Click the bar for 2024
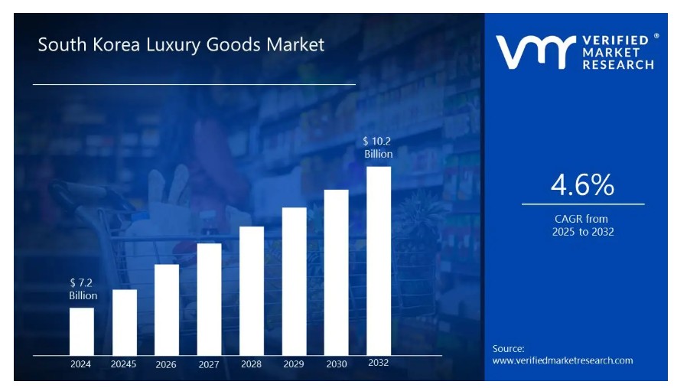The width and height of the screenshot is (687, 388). tap(82, 331)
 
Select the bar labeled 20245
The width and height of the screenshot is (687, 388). tap(125, 322)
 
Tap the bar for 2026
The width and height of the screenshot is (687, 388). tap(167, 310)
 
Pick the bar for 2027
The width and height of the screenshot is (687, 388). tap(209, 299)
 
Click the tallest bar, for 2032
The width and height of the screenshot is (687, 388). tap(379, 261)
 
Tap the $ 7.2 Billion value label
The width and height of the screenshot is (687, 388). tap(83, 289)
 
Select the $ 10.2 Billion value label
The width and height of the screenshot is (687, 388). tap(378, 147)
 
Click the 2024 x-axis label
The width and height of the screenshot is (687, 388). tap(80, 364)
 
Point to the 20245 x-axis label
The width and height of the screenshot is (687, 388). tap(123, 364)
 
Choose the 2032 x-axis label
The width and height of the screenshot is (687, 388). tap(378, 363)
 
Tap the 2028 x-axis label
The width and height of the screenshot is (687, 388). tap(251, 364)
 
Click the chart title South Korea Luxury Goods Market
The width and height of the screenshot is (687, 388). tap(181, 44)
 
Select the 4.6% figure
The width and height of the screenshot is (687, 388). tap(582, 184)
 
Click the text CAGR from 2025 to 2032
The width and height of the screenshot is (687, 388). tap(583, 225)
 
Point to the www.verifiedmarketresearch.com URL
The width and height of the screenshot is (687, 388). tap(562, 360)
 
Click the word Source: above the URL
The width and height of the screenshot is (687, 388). tap(508, 348)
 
